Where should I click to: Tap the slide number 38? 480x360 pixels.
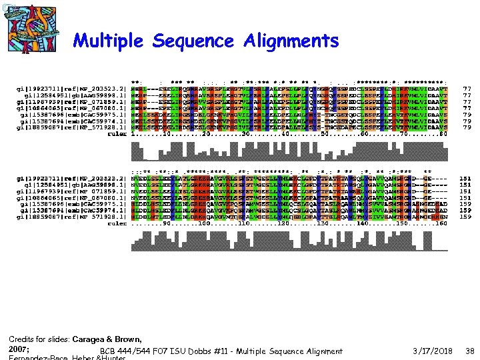point(469,351)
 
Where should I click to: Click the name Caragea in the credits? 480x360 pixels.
point(92,339)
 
